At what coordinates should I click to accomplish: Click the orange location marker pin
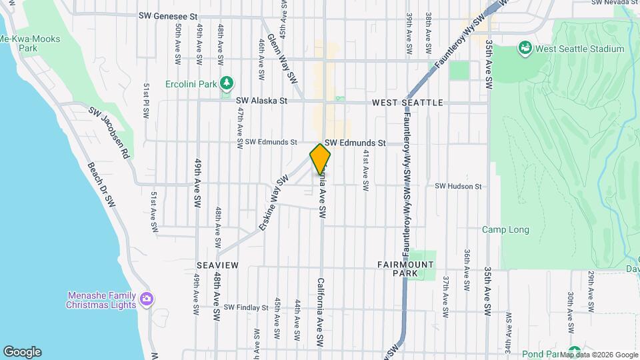click(x=320, y=159)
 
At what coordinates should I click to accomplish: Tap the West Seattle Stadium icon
click(x=525, y=49)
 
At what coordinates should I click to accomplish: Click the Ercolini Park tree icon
click(x=228, y=83)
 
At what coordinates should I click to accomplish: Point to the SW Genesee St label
click(x=169, y=15)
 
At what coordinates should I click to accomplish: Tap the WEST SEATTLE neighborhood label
click(x=407, y=103)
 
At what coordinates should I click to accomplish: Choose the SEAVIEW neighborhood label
click(x=217, y=265)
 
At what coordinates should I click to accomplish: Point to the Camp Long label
click(x=506, y=230)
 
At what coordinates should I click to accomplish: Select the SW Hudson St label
click(x=458, y=187)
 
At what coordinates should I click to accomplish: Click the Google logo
click(x=22, y=352)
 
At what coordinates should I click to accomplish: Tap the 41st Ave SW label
click(x=366, y=171)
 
